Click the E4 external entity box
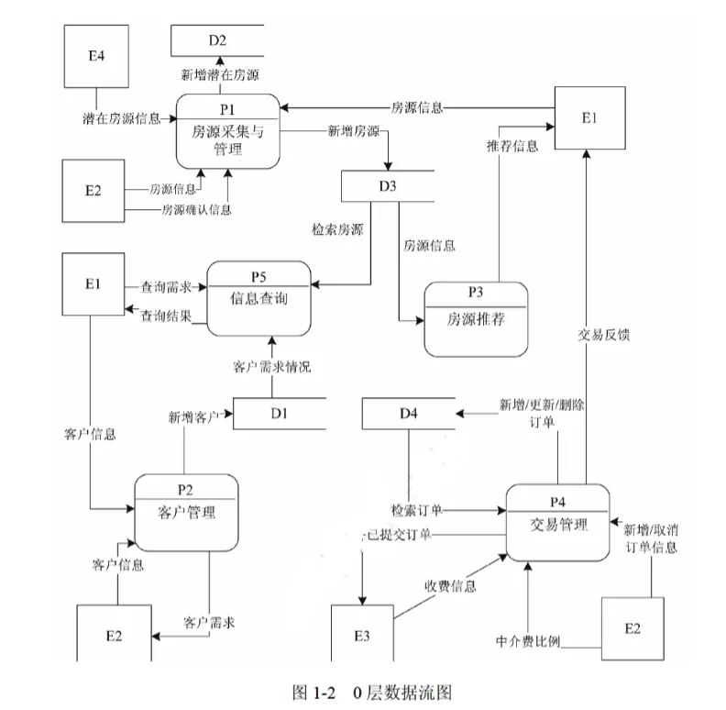(x=96, y=55)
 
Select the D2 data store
(x=217, y=39)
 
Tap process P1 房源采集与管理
(x=227, y=131)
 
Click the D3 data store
(x=388, y=186)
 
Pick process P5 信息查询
(x=258, y=297)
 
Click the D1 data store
(x=280, y=413)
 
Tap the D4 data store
(x=409, y=413)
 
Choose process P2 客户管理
(x=186, y=511)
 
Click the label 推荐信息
(x=512, y=146)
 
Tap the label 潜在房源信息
(x=120, y=118)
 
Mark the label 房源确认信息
(x=196, y=210)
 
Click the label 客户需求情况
(x=271, y=367)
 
